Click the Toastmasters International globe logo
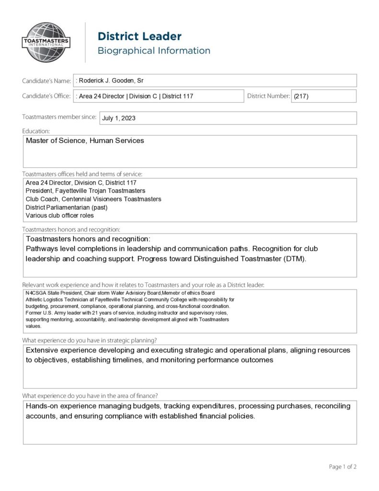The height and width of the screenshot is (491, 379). (46, 42)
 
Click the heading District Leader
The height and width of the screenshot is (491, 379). (139, 36)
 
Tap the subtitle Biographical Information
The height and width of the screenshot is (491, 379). (154, 51)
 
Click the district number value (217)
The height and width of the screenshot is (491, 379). (301, 96)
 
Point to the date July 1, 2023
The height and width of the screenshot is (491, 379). (119, 118)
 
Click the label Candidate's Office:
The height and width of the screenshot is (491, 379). (46, 96)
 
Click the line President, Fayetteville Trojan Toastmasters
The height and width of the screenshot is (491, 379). (85, 191)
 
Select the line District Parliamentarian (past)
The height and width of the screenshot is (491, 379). (67, 207)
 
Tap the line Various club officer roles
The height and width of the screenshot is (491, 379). (60, 215)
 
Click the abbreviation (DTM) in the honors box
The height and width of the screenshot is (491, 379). (291, 259)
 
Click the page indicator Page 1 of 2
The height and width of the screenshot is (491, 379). (343, 467)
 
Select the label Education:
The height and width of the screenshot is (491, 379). (36, 131)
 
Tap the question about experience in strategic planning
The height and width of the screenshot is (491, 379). (90, 340)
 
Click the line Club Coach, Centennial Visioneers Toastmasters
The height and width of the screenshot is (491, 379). (93, 199)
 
